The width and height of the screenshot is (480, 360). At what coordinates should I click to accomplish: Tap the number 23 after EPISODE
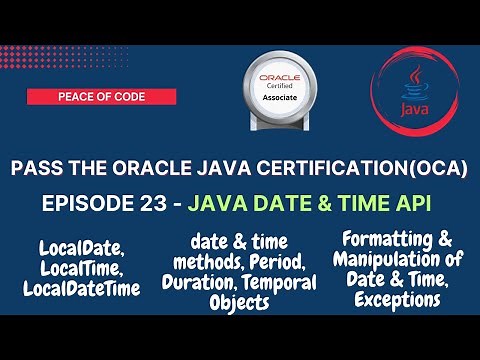[x=147, y=204]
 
